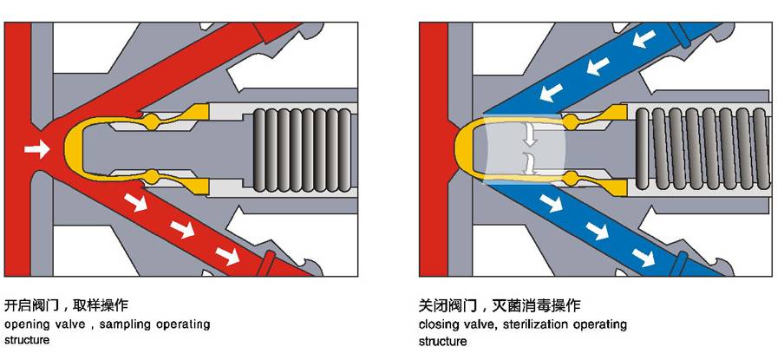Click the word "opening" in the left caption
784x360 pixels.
click(x=27, y=324)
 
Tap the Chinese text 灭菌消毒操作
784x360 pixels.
click(x=536, y=305)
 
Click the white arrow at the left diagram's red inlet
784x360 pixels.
click(x=36, y=149)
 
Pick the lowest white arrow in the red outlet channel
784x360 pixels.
click(x=228, y=255)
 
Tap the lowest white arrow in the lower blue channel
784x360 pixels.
click(x=643, y=257)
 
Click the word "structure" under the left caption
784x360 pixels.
click(x=27, y=340)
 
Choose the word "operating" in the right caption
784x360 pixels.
click(x=599, y=324)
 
